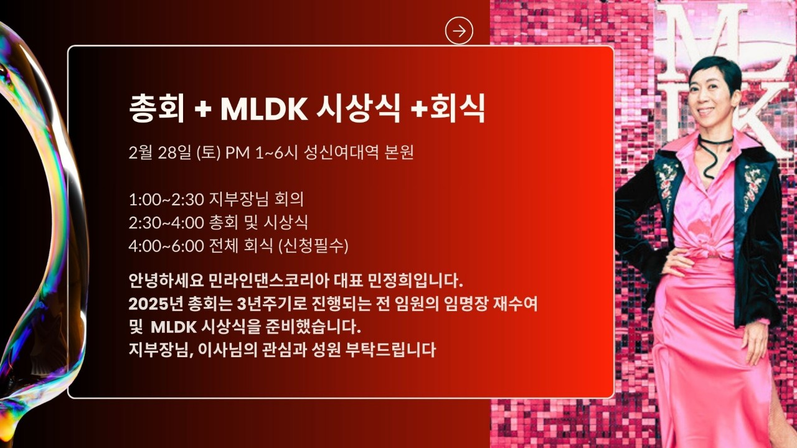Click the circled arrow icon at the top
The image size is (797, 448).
tap(459, 30)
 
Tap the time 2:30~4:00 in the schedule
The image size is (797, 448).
tap(166, 223)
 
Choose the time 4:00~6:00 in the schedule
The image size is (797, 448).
tap(166, 246)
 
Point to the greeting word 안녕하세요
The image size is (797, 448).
tap(166, 281)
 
